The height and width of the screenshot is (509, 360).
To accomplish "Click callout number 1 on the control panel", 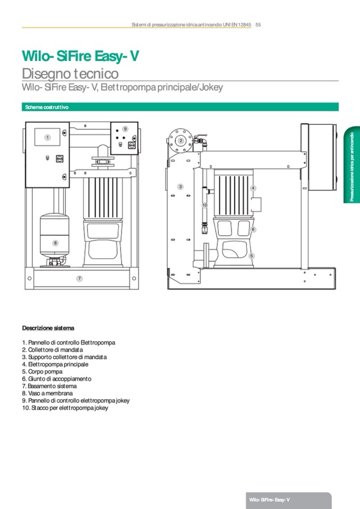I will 47,137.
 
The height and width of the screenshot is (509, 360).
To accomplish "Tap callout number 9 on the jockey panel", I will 125,129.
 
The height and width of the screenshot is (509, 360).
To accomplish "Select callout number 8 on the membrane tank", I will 55,243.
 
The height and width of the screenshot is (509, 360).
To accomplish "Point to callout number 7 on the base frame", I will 79,278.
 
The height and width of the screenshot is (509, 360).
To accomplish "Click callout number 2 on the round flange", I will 181,141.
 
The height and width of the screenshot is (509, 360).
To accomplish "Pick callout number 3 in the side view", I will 181,187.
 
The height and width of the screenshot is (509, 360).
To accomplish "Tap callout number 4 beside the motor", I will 253,188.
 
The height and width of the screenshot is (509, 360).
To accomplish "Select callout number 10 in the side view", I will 204,204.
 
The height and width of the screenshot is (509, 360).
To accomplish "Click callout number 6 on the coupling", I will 253,229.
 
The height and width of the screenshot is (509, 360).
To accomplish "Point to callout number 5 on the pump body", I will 252,256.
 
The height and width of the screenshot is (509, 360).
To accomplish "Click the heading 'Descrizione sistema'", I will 48,328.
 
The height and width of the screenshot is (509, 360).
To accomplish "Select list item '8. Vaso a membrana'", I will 47,393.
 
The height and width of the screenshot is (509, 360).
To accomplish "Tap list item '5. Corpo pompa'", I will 42,372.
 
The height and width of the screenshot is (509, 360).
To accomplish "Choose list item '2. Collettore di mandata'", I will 53,350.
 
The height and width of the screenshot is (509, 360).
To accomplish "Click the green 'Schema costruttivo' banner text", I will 47,107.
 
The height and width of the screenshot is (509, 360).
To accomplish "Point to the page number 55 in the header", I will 259,24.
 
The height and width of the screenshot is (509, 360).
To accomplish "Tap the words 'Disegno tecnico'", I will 70,73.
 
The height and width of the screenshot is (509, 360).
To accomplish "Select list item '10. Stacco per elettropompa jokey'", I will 65,408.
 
